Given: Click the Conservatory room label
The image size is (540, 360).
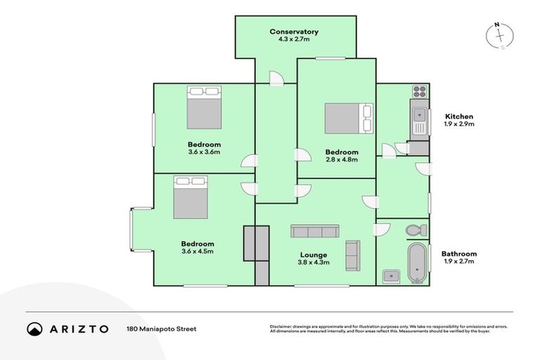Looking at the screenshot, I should click(x=294, y=32).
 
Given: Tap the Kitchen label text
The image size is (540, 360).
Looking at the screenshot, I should click(x=458, y=116).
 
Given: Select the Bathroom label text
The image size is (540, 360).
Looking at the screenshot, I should click(x=458, y=254).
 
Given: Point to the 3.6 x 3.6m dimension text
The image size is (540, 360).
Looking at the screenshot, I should click(x=204, y=151).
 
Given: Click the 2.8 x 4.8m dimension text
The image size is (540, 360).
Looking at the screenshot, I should click(x=341, y=160).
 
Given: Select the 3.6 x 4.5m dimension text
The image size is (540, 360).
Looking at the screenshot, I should click(x=197, y=251).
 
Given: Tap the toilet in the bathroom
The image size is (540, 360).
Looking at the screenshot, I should click(x=416, y=230).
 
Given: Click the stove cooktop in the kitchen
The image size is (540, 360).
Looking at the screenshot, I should click(x=420, y=91).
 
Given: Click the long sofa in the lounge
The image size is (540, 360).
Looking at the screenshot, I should click(x=314, y=231).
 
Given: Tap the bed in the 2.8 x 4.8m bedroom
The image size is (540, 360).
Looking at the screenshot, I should click(x=349, y=118).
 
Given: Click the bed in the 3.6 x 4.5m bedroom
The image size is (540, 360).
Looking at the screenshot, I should click(x=191, y=198).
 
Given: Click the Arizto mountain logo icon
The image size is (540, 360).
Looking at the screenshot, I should click(x=35, y=328).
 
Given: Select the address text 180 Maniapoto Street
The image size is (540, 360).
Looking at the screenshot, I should click(x=161, y=328).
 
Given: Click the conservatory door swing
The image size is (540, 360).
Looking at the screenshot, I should click(x=276, y=77).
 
